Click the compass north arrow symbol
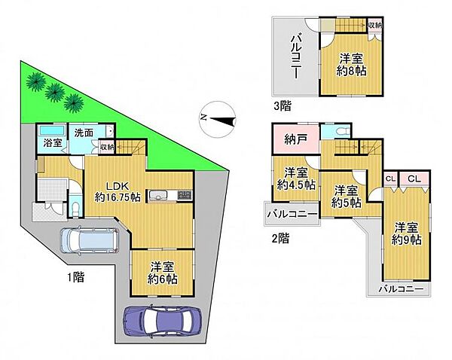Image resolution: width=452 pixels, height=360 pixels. tap(219, 117)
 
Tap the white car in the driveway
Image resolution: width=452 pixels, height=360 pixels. tap(88, 240)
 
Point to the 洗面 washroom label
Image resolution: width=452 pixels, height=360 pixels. tap(83, 133)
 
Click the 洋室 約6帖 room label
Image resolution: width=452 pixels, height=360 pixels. tap(163, 272)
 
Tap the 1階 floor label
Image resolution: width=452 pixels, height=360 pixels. tap(73, 276)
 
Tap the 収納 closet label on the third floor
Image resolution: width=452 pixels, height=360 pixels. tap(374, 26)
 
